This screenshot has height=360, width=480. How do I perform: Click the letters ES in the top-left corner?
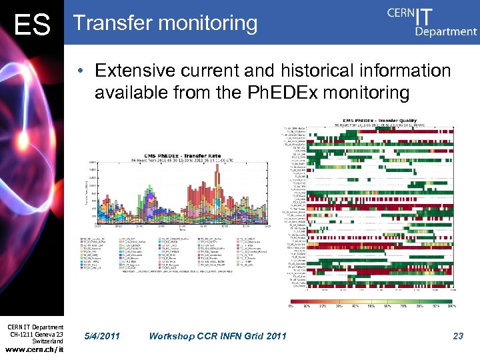coord(32,25)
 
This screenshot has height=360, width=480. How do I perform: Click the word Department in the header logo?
coord(446,31)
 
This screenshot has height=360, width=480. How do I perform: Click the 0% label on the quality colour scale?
coord(291,306)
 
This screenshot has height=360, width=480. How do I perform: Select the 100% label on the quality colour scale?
coord(451,306)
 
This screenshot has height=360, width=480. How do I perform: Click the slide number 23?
coord(457,336)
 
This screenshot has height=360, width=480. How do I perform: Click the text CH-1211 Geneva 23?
coord(37,334)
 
